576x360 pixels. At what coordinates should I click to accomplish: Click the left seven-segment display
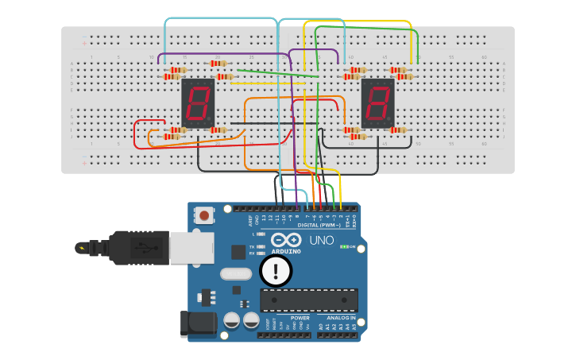point(198,103)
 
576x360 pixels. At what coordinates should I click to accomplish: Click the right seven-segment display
point(377,103)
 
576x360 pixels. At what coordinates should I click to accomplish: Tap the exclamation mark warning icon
point(276,270)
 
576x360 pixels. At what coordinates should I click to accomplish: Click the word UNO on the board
point(321,240)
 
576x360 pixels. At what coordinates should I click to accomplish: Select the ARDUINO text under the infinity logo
point(285,251)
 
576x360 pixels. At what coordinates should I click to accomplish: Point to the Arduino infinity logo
point(285,240)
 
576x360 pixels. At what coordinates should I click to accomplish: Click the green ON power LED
point(343,246)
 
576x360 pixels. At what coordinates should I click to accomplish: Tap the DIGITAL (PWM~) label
point(319,225)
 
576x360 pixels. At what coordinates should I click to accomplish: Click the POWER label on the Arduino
point(300,317)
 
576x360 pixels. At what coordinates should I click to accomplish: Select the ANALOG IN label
point(342,317)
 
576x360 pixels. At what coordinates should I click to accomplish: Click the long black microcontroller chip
point(309,300)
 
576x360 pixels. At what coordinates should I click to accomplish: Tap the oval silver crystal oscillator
point(236,274)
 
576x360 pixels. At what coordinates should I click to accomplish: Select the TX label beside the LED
point(252,247)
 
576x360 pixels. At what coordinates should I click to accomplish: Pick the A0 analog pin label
point(321,327)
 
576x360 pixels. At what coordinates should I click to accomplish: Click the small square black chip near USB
point(238,252)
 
